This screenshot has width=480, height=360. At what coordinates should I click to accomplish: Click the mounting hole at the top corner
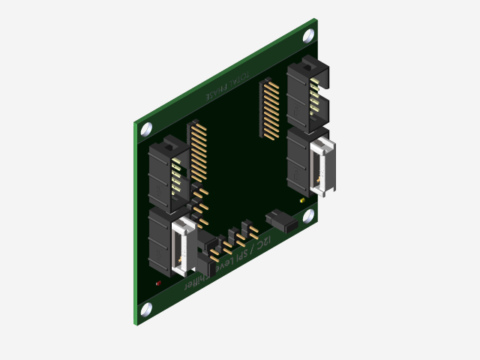(x=308, y=35)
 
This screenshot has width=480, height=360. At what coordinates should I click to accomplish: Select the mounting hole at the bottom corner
(x=146, y=307)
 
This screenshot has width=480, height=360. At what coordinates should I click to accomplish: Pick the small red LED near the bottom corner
(x=158, y=283)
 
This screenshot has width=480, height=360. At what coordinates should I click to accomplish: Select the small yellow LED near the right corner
(x=302, y=200)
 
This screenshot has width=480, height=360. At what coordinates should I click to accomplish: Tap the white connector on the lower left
(x=184, y=244)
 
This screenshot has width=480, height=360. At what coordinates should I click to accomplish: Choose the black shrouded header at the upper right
(x=307, y=94)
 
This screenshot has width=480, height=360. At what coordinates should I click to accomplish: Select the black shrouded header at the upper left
(x=169, y=175)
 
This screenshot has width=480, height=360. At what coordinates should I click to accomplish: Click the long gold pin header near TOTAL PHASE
(x=269, y=109)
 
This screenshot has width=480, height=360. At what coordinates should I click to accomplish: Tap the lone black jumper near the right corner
(x=281, y=220)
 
